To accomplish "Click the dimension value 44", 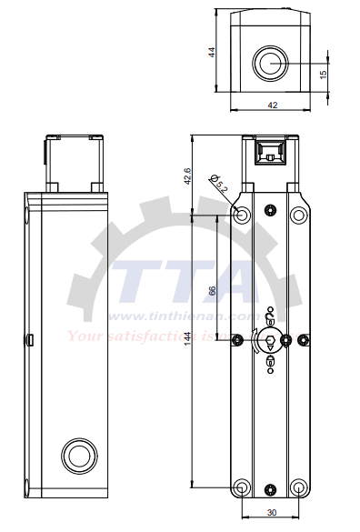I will tap(211, 53).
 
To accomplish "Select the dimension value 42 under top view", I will tap(271, 105).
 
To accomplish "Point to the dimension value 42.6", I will tap(187, 176).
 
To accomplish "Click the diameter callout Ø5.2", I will tap(219, 185).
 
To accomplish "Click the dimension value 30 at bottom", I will tap(271, 513).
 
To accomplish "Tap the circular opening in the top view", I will tap(271, 63).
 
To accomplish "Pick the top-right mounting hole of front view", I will tap(298, 216).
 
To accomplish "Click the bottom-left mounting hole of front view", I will tap(241, 487).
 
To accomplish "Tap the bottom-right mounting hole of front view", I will tap(298, 487).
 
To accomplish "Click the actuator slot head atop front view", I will tap(270, 150).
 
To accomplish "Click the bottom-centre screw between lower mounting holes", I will tap(270, 487).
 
